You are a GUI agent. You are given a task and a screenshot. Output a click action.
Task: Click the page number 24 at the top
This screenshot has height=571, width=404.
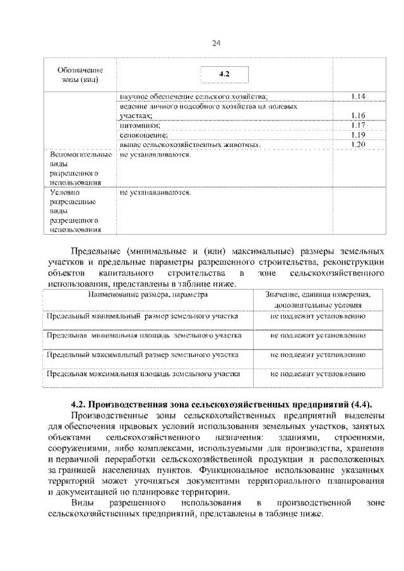pyautogui.click(x=216, y=42)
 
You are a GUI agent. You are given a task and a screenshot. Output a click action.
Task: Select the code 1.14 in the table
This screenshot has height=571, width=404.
pyautogui.click(x=358, y=96)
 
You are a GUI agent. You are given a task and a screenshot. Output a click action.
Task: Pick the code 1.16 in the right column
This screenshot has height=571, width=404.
pyautogui.click(x=358, y=115)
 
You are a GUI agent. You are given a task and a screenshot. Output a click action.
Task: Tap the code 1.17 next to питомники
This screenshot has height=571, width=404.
pyautogui.click(x=358, y=125)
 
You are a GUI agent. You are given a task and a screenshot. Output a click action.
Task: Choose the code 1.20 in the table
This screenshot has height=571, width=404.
pyautogui.click(x=358, y=144)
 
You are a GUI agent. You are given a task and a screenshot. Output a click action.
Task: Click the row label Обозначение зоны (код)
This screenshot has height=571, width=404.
pyautogui.click(x=80, y=75)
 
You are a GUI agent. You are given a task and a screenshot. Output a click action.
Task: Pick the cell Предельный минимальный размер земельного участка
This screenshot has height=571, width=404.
pyautogui.click(x=143, y=315)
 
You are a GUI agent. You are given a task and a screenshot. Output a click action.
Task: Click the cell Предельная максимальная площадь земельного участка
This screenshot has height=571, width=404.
pyautogui.click(x=144, y=374)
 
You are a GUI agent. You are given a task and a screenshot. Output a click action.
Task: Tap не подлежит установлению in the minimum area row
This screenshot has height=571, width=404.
pyautogui.click(x=318, y=335)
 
